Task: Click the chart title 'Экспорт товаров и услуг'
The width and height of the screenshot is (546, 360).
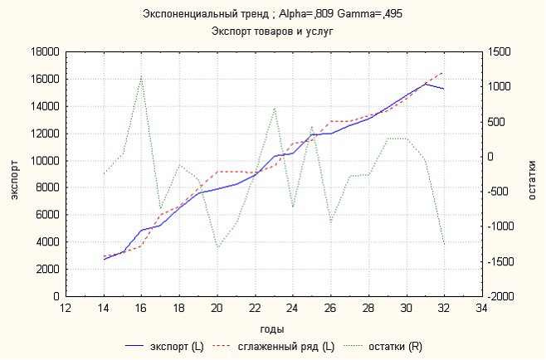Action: point(272,31)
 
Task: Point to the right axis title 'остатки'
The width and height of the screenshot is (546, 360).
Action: point(533,173)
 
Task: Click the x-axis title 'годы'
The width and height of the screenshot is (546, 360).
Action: point(272,328)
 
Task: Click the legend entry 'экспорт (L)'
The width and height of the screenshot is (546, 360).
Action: point(171,345)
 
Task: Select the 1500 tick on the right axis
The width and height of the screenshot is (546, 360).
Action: point(500,51)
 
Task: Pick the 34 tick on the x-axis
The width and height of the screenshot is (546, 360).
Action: point(481,308)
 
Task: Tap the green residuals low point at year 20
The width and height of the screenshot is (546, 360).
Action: point(217,247)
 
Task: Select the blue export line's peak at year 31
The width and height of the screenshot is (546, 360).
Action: point(425,84)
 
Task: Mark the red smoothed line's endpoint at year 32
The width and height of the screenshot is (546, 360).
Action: point(444,72)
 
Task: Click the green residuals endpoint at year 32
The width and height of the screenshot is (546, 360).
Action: point(444,245)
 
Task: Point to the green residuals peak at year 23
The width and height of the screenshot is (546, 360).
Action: point(274,108)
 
